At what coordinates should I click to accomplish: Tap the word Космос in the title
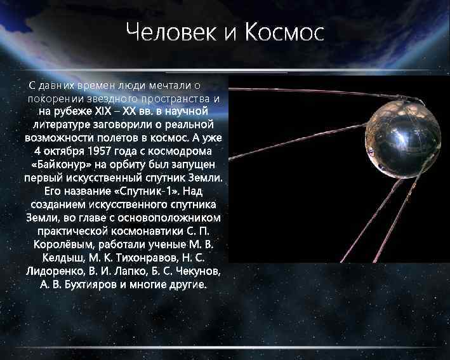[x=282, y=32]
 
